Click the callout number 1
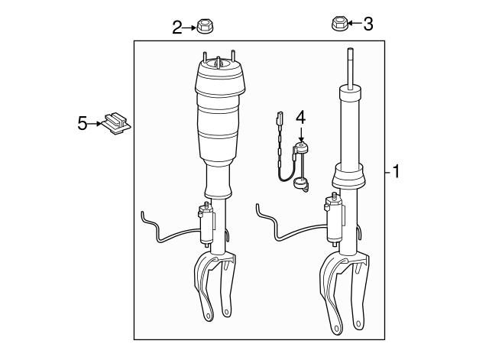396,172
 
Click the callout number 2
177,28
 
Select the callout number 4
300,117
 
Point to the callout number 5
83,122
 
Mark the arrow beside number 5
96,122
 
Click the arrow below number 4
300,133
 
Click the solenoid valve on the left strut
206,219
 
